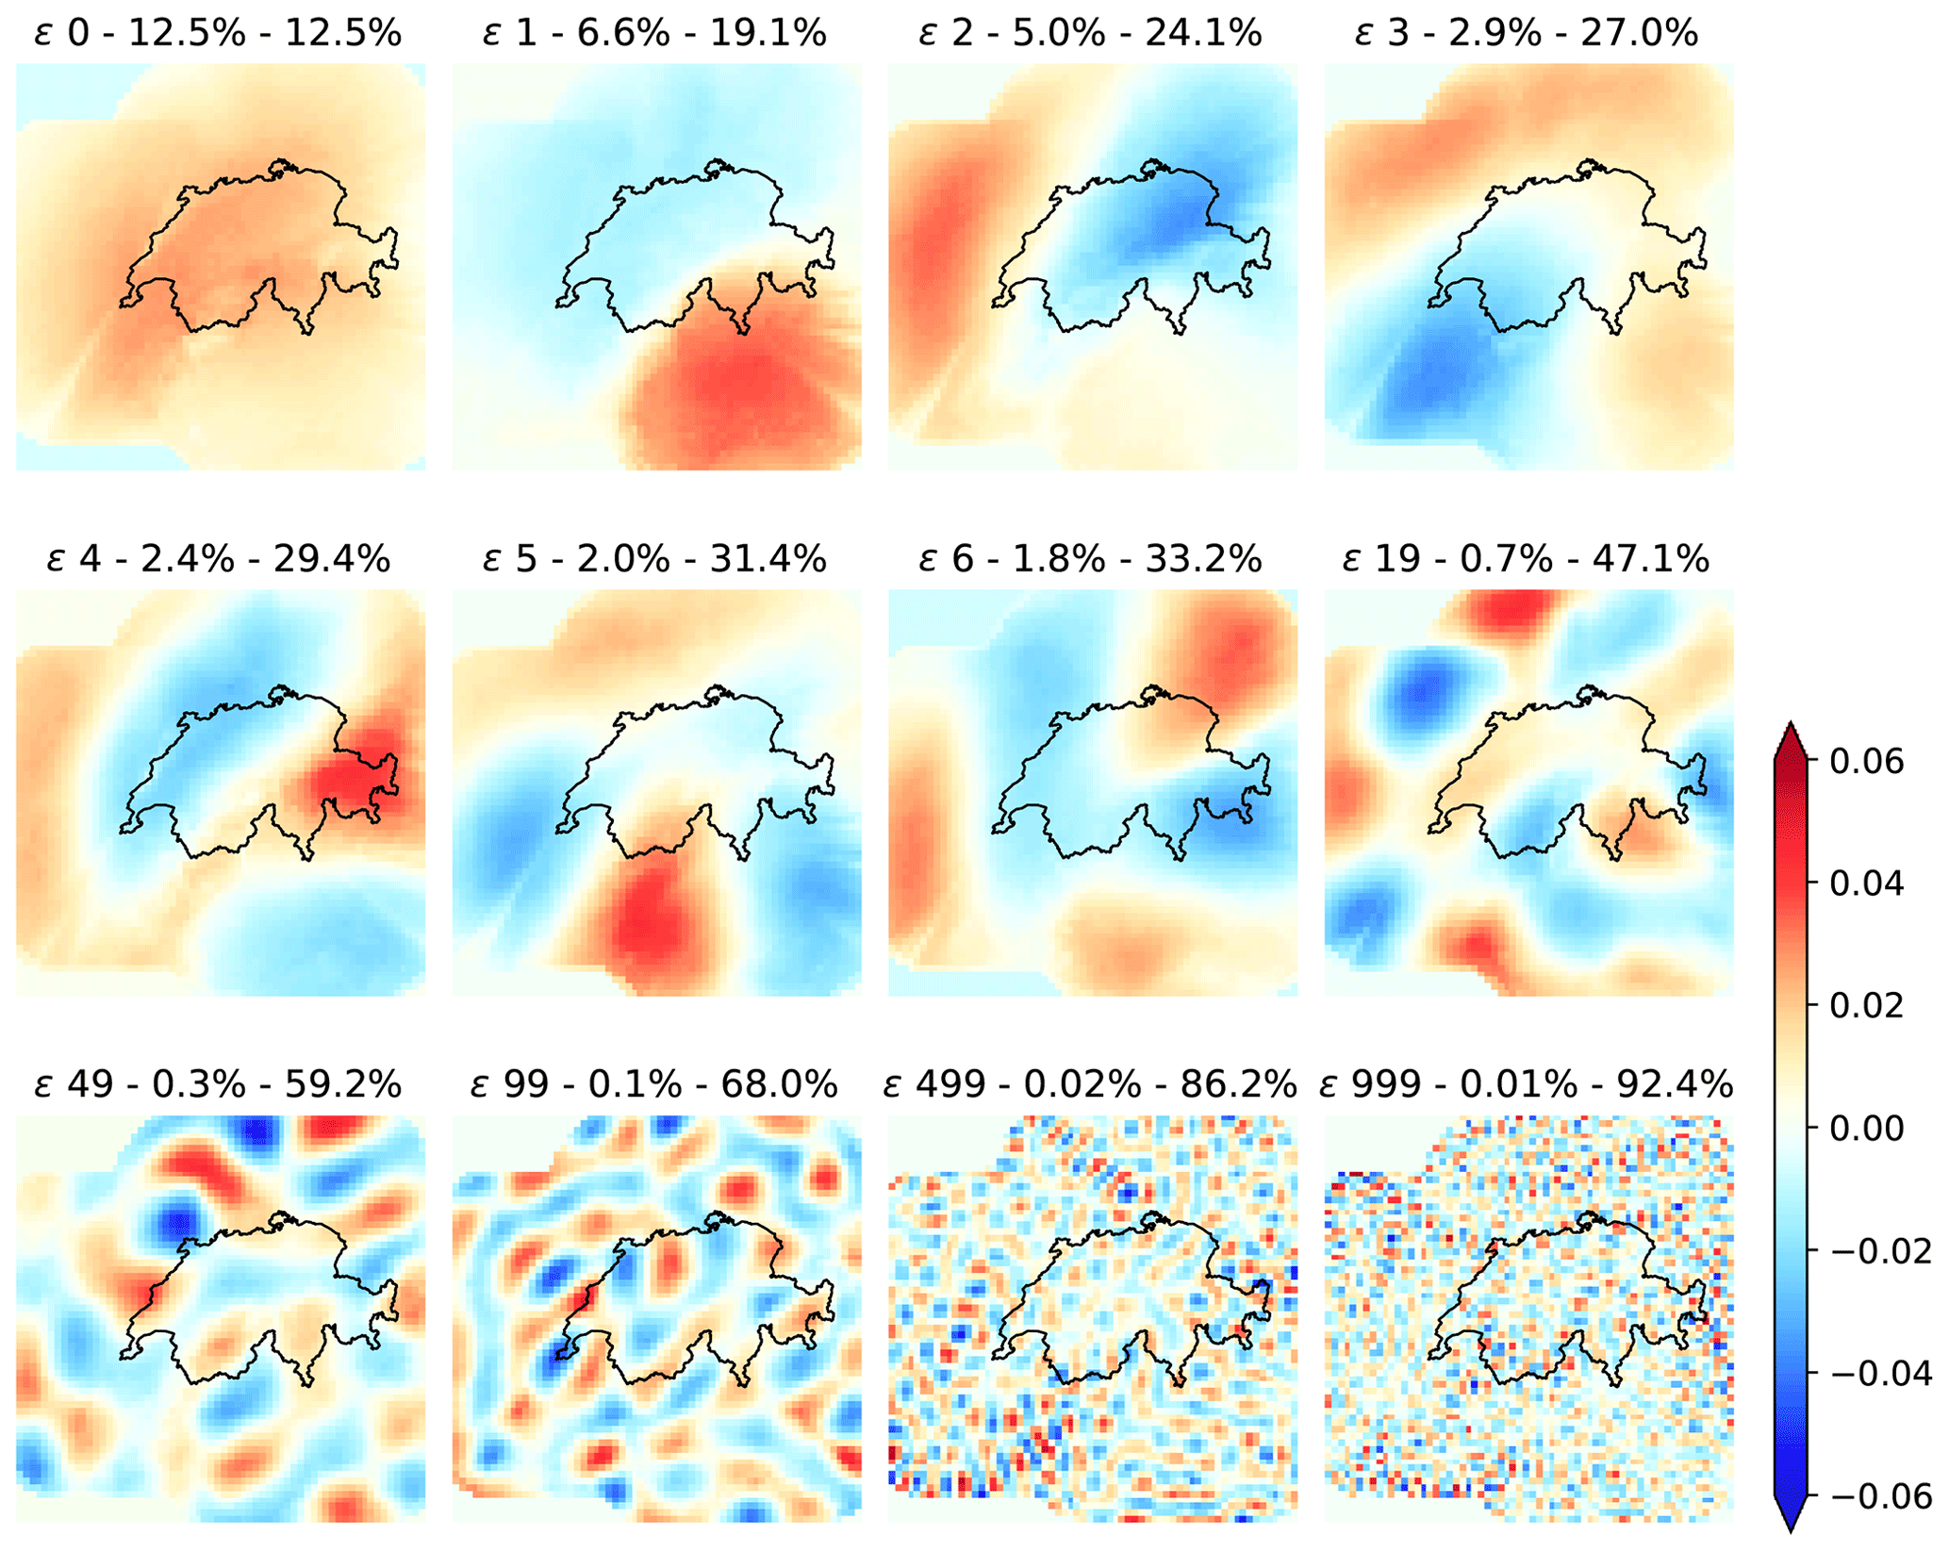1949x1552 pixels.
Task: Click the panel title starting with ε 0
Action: click(x=219, y=34)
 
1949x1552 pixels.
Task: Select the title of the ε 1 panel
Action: click(x=655, y=34)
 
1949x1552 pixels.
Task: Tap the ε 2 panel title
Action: click(x=1091, y=34)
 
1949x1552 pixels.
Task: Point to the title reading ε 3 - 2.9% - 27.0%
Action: click(x=1528, y=34)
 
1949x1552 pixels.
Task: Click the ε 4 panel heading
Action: click(x=219, y=559)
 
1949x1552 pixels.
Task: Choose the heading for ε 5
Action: click(x=655, y=559)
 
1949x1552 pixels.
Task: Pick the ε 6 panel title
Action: click(x=1091, y=559)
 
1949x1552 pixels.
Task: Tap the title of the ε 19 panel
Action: click(x=1528, y=559)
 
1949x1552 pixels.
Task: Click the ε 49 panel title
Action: click(x=219, y=1085)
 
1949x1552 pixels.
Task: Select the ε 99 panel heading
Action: click(x=655, y=1085)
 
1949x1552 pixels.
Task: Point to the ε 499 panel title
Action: click(x=1091, y=1085)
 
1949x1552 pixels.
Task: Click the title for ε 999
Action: click(x=1528, y=1085)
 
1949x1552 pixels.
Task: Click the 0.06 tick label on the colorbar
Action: click(x=1867, y=761)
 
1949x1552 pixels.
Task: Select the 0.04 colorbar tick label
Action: click(x=1867, y=883)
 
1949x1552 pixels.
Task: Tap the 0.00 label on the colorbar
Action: click(x=1867, y=1128)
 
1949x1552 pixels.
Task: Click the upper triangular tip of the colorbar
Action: click(x=1790, y=735)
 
